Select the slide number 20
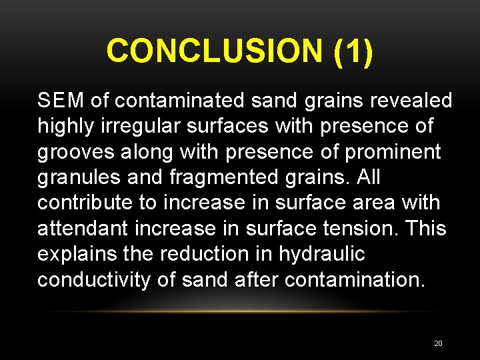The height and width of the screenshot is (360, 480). pyautogui.click(x=438, y=343)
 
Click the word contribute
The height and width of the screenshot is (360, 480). pyautogui.click(x=80, y=203)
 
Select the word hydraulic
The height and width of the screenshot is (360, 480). pyautogui.click(x=322, y=254)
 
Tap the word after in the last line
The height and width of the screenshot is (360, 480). pyautogui.click(x=257, y=280)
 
